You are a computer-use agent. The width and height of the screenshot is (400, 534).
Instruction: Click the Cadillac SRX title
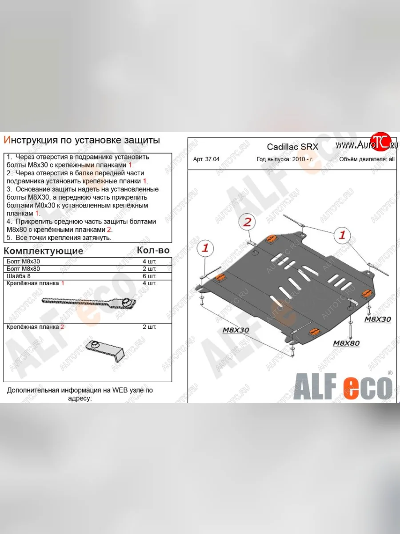pyautogui.click(x=292, y=147)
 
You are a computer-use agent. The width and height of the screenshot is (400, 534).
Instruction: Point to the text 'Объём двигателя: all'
pyautogui.click(x=366, y=159)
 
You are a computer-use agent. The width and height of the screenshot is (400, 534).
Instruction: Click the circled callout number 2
pyautogui.click(x=248, y=222)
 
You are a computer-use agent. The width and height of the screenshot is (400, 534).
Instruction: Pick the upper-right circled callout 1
pyautogui.click(x=342, y=235)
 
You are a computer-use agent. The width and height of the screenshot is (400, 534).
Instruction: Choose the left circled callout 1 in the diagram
pyautogui.click(x=205, y=248)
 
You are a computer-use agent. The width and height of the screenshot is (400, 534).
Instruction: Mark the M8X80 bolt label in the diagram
pyautogui.click(x=346, y=343)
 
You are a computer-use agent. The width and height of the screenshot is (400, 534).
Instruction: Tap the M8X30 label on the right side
pyautogui.click(x=377, y=320)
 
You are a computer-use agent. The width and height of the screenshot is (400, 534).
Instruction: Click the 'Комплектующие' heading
pyautogui.click(x=44, y=251)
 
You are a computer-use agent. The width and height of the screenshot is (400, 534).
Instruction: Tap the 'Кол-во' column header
pyautogui.click(x=153, y=250)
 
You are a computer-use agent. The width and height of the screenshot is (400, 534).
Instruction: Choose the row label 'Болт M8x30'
pyautogui.click(x=23, y=261)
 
